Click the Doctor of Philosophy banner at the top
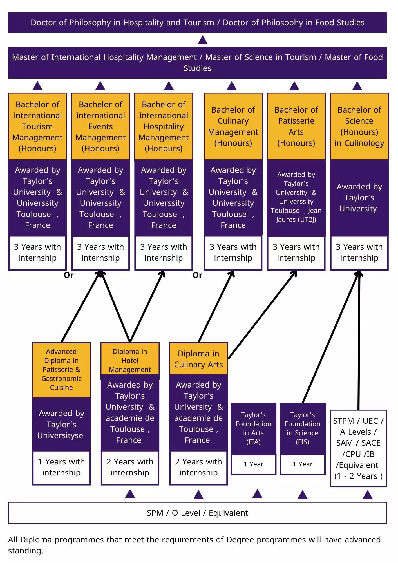(197, 23)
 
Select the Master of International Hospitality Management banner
(197, 62)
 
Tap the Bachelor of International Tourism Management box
(37, 126)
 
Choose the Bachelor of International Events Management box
(100, 126)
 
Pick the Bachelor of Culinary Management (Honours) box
(233, 126)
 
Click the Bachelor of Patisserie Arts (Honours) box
(296, 126)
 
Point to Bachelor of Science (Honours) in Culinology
(359, 126)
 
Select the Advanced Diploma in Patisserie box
(61, 370)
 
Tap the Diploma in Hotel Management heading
(130, 361)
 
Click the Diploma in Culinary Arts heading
(198, 359)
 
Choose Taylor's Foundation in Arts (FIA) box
(253, 428)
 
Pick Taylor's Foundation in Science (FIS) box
(303, 428)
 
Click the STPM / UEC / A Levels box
(358, 448)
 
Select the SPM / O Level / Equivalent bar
(197, 513)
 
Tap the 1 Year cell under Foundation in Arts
(253, 464)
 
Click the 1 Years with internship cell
(61, 467)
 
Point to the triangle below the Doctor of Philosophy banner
(203, 40)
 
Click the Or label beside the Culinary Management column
(197, 275)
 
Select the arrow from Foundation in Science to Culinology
(330, 338)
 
